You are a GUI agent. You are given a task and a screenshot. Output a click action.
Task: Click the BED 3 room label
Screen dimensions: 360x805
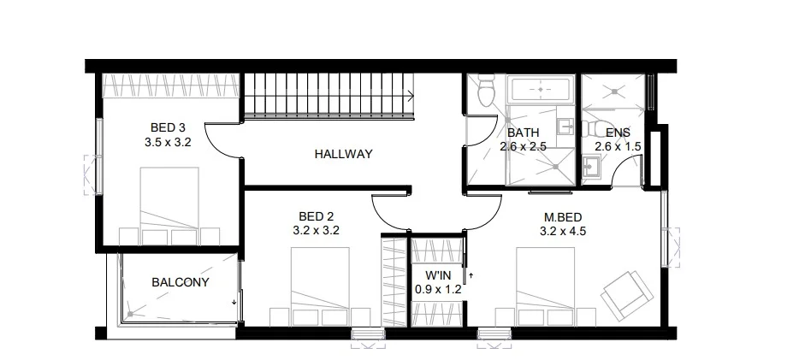(168, 128)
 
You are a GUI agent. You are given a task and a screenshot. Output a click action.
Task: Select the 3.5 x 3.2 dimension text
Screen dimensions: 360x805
(168, 143)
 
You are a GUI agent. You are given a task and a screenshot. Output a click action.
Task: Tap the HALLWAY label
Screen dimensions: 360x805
(343, 155)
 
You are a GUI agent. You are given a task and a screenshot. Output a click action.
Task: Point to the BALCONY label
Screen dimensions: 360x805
(181, 281)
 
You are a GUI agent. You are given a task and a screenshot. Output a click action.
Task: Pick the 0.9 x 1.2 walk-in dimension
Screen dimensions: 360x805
(438, 289)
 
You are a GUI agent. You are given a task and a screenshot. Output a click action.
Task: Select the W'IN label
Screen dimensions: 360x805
(438, 275)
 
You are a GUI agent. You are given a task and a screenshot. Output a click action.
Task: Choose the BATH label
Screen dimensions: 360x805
(523, 133)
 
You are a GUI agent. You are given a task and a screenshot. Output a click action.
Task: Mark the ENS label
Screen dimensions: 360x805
(618, 133)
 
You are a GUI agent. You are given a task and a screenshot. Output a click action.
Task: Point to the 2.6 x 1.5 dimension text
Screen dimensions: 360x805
(618, 147)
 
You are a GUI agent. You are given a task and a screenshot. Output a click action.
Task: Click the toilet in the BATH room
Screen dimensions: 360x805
(485, 91)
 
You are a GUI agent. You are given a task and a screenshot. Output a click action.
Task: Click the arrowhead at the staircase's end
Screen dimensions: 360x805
(412, 96)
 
